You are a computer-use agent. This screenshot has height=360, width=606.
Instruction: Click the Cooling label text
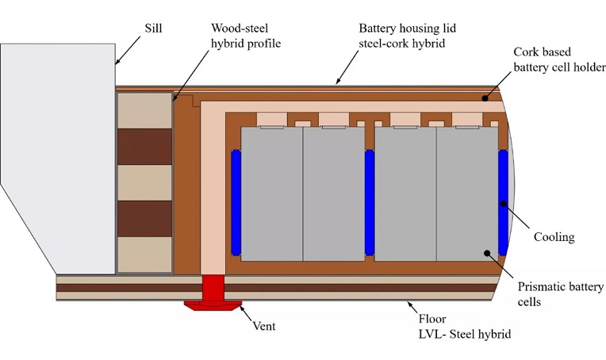tap(553, 237)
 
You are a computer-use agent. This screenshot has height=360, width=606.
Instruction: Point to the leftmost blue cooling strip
tap(236, 202)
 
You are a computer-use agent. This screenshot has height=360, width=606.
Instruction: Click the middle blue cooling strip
tap(370, 202)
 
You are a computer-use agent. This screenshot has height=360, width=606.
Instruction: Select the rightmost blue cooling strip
tap(503, 202)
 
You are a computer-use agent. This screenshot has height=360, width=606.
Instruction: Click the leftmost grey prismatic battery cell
tap(271, 194)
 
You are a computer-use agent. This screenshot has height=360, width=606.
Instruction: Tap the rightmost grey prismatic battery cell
tap(467, 194)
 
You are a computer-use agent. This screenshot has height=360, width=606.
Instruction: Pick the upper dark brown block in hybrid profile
tap(144, 146)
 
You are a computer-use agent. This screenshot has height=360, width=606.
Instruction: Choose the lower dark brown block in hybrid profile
tap(144, 218)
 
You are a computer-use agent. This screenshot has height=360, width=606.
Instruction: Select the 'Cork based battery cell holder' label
tap(558, 59)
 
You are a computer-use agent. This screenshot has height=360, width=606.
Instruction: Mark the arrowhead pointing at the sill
tap(117, 62)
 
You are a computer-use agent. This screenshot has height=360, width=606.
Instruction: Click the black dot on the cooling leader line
tap(502, 204)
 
